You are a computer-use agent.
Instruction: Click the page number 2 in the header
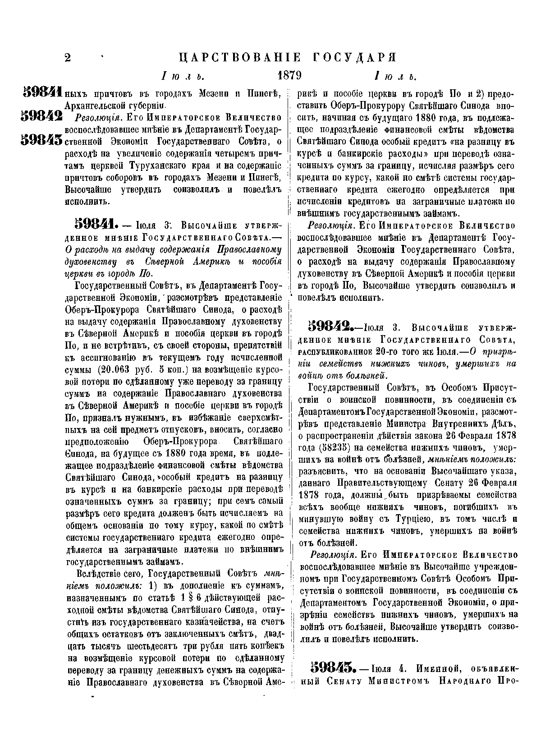coord(68,58)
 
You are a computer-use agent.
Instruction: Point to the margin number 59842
coord(41,117)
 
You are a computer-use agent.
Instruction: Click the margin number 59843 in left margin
coord(41,140)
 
